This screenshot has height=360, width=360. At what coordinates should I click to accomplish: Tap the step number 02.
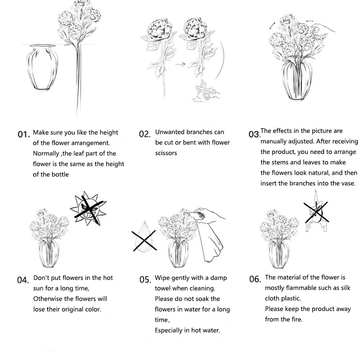click(144, 134)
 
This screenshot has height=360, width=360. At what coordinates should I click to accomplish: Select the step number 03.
click(254, 135)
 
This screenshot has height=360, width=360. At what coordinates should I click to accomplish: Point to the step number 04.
click(23, 280)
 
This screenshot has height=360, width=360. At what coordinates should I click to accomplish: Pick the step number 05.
click(144, 280)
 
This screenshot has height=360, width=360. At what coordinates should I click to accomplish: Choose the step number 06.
click(255, 279)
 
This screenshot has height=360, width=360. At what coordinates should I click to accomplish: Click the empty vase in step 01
click(40, 67)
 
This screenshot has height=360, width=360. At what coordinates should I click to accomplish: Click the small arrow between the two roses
click(180, 64)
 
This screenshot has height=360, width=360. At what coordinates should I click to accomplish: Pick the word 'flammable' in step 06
click(302, 288)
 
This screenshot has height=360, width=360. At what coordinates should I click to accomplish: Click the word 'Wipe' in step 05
click(162, 278)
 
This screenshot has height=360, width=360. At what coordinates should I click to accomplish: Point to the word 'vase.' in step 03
click(347, 183)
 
